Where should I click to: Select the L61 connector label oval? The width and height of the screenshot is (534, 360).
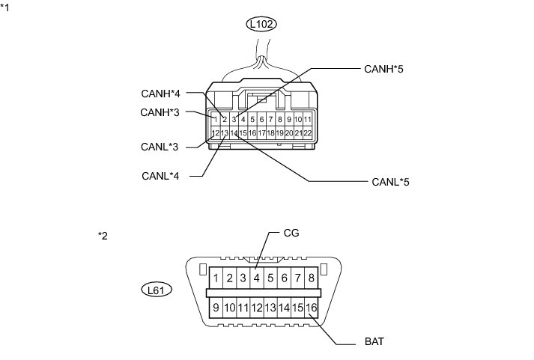[157, 288]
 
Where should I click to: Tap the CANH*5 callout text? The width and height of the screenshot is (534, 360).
[383, 69]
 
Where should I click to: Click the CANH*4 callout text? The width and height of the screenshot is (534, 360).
[160, 94]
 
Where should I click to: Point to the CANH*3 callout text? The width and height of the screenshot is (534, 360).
[160, 112]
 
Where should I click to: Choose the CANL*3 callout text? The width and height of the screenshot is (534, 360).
[160, 147]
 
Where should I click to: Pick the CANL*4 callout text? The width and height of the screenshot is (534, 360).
[160, 176]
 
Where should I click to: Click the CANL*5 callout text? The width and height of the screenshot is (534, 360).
[390, 181]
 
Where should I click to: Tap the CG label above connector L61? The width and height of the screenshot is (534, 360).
[291, 233]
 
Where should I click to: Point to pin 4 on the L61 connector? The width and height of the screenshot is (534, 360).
[255, 278]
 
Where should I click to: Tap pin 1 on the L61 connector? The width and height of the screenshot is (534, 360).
[216, 278]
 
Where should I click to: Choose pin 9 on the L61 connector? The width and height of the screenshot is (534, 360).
[216, 308]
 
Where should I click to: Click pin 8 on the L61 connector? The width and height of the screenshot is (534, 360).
[310, 278]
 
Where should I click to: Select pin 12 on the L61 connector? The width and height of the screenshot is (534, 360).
[255, 308]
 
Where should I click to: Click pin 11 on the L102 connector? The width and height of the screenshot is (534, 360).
[307, 119]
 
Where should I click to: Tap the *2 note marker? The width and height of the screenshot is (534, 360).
[103, 236]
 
